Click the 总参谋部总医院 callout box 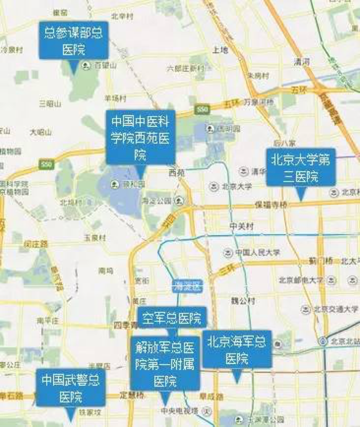point(73,40)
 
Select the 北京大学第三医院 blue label point(300,167)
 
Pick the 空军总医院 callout point(171,317)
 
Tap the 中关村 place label point(241,226)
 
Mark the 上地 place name point(220,50)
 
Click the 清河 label point(302,61)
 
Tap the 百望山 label point(105,65)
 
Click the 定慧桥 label point(132,395)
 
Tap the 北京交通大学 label point(334,309)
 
